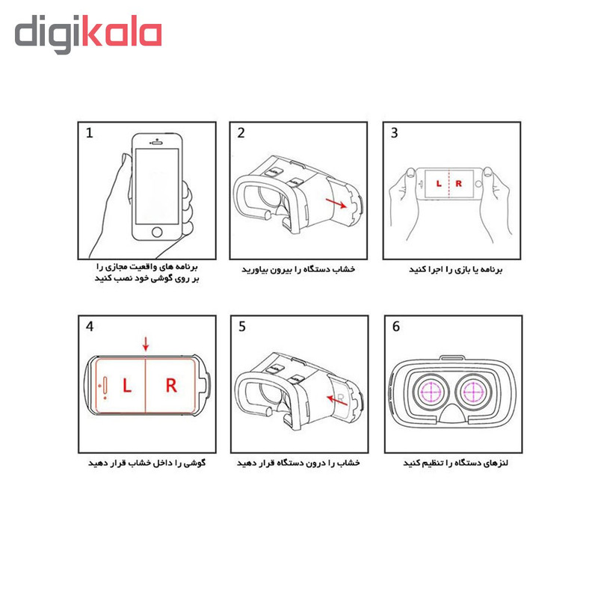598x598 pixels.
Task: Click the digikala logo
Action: tap(88, 34)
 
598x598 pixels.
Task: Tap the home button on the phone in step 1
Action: tap(157, 232)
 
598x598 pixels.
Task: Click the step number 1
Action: tap(89, 133)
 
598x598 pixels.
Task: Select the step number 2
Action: tap(241, 133)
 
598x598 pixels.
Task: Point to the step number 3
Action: tap(395, 133)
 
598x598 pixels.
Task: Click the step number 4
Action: tap(90, 327)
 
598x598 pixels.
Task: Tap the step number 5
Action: tap(242, 327)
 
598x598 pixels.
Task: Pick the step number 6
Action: tap(396, 327)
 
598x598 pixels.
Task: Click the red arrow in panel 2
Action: tap(336, 203)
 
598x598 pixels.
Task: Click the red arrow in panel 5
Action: tap(337, 400)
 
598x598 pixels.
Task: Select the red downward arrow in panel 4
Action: tap(146, 344)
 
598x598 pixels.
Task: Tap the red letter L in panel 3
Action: tap(439, 183)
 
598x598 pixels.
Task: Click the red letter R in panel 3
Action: tap(458, 183)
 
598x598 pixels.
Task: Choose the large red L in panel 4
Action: tap(127, 385)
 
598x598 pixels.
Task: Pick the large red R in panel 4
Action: tap(171, 385)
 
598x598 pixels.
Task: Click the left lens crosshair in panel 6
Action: tap(431, 392)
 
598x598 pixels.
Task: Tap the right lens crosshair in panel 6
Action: tap(473, 392)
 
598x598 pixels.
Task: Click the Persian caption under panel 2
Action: tap(298, 269)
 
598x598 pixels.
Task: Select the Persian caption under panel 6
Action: tap(455, 463)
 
